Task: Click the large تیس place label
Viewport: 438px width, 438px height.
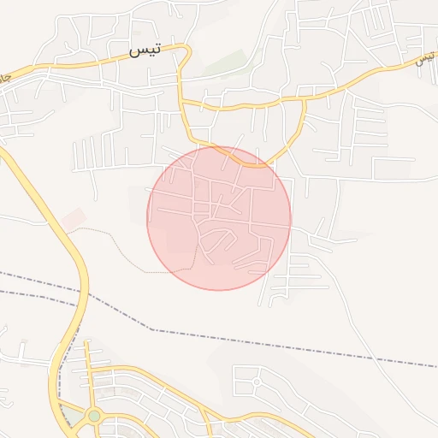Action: point(145,50)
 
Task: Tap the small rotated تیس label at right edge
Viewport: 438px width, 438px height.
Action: point(425,59)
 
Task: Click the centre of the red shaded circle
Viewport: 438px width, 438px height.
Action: point(219,218)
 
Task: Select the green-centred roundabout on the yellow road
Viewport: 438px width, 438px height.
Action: point(93,416)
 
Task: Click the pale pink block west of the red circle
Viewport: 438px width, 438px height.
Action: point(74,218)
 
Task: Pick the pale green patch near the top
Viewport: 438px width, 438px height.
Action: point(229,62)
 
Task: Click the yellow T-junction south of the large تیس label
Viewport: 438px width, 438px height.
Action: point(182,101)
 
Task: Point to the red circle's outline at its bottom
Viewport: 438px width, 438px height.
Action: point(219,290)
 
